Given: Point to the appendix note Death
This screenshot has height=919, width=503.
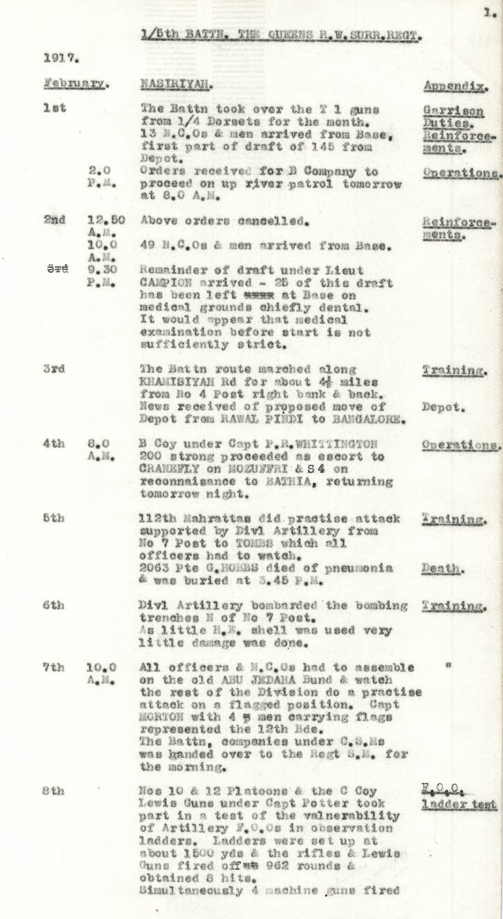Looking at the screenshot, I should [x=440, y=569].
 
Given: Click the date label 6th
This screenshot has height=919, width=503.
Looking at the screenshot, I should [x=53, y=606].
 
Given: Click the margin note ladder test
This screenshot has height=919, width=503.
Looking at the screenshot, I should [x=459, y=805].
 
